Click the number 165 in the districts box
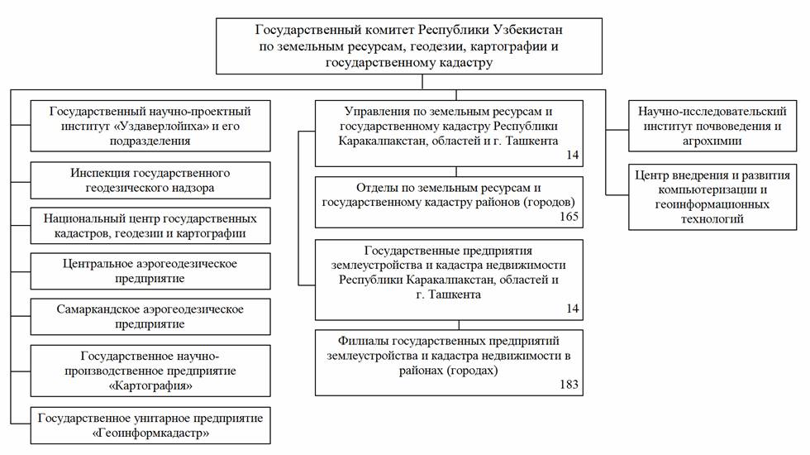click(x=569, y=218)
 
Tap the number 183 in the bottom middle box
click(x=569, y=385)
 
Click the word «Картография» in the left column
click(x=150, y=386)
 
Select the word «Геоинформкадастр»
click(x=150, y=433)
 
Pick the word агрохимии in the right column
click(x=705, y=141)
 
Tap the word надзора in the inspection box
click(x=190, y=188)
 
